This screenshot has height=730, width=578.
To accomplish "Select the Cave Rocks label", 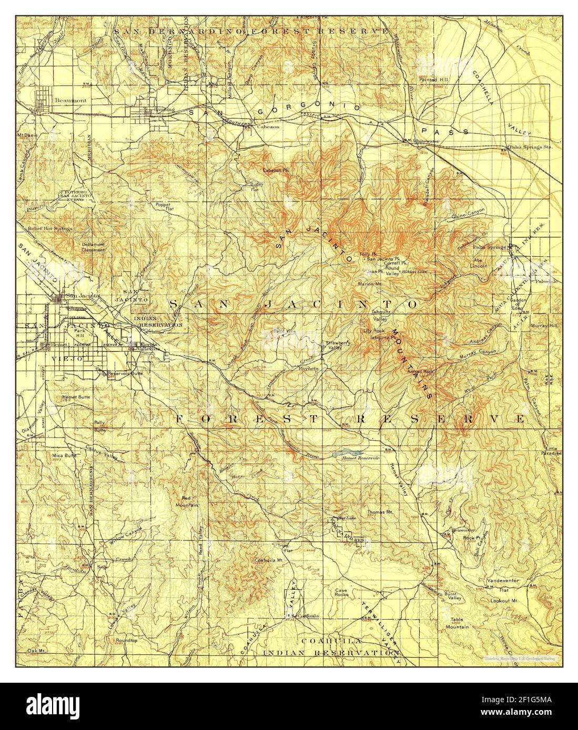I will point(342,593).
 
